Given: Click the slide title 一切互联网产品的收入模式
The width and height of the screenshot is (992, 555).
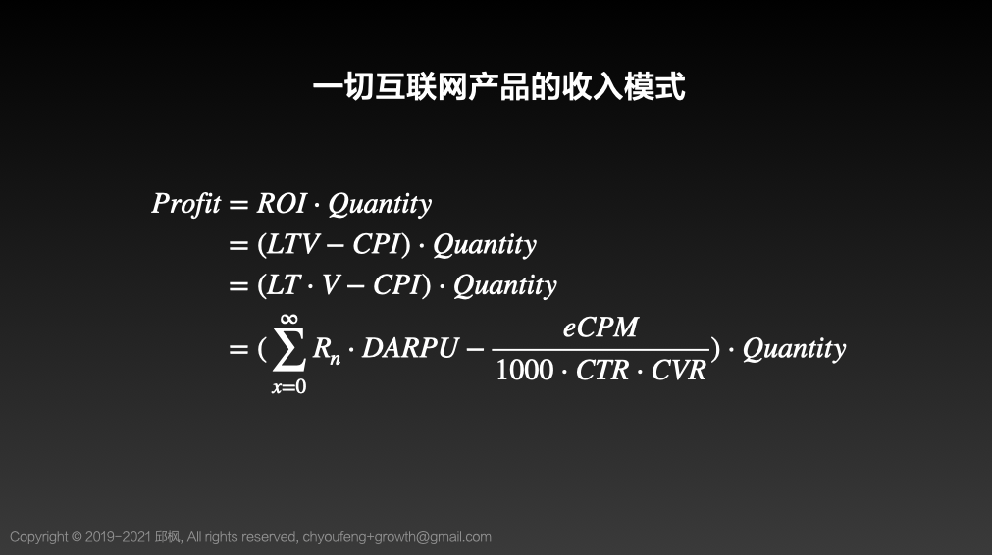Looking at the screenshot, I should click(498, 87).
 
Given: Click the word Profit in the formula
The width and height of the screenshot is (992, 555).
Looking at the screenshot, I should click(186, 204).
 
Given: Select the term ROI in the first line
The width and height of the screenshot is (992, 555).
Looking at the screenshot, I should click(282, 204).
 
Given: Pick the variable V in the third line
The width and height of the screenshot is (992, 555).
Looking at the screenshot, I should click(330, 285).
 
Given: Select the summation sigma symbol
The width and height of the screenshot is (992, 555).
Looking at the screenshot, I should click(288, 350).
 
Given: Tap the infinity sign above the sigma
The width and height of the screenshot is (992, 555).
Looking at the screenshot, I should click(288, 319).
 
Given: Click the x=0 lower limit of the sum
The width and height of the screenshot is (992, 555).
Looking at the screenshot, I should click(288, 387).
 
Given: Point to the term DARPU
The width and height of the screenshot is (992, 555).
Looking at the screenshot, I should click(410, 349).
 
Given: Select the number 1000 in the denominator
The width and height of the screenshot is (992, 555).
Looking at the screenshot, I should click(525, 371).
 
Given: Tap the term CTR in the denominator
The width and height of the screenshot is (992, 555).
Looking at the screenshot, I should click(604, 371).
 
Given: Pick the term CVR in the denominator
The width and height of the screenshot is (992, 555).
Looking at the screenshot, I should click(679, 371).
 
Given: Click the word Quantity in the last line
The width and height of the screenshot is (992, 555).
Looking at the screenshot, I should click(794, 349).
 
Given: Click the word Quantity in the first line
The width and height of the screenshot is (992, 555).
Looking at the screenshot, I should click(380, 204).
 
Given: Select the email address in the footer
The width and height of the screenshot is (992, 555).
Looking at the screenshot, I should click(397, 537).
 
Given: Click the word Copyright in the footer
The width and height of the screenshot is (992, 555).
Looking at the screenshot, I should click(39, 537).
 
